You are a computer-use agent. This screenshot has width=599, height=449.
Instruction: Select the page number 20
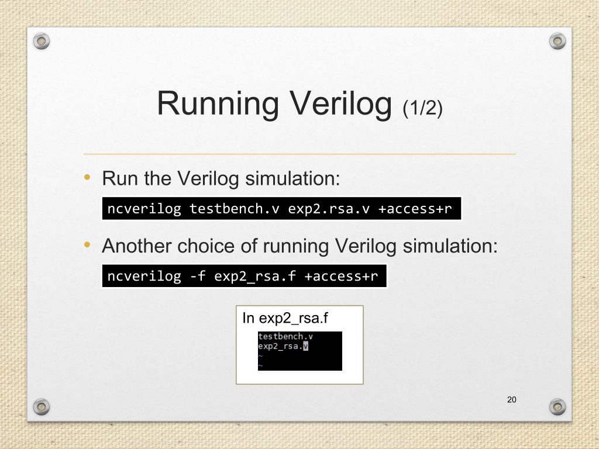tap(512, 400)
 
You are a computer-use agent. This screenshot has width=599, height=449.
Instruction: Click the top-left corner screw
tap(41, 40)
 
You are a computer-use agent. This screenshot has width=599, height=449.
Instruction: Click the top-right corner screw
tap(558, 40)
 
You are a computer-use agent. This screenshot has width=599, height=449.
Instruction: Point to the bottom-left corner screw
tap(41, 406)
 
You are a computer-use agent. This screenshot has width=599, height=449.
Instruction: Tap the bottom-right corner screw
tap(558, 406)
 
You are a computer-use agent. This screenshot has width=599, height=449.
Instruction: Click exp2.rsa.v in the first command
tap(329, 209)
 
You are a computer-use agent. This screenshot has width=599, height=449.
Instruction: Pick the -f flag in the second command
tap(198, 276)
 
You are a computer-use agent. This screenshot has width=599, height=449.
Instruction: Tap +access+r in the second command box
tap(341, 276)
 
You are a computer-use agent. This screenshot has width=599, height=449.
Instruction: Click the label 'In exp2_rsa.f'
tap(285, 319)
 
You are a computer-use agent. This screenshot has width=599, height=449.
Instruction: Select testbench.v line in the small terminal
tap(285, 336)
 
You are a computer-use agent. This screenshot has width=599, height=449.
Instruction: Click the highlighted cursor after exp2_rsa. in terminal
tap(305, 346)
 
